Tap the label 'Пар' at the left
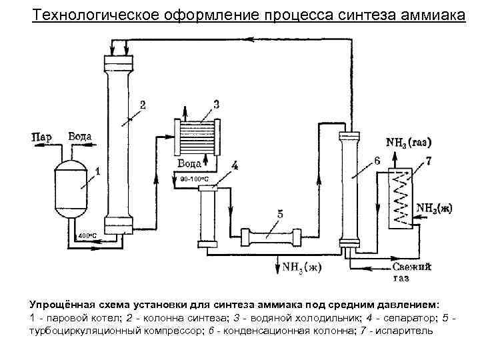[41, 137]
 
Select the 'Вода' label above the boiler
[79, 137]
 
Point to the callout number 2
[143, 104]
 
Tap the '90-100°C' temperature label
[195, 179]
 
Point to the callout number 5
[279, 214]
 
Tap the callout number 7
[428, 161]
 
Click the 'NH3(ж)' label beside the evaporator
[434, 207]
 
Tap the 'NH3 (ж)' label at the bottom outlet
[302, 268]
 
